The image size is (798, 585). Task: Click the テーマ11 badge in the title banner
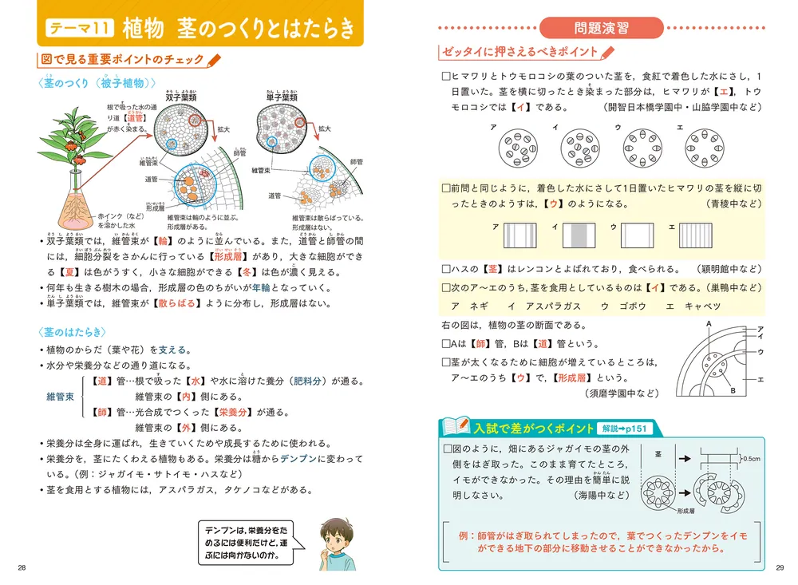pyautogui.click(x=79, y=28)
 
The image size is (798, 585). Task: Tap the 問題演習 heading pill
pyautogui.click(x=601, y=27)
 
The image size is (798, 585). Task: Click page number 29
pyautogui.click(x=780, y=567)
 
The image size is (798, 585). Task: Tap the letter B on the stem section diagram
pyautogui.click(x=732, y=390)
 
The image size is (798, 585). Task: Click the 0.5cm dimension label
pyautogui.click(x=751, y=459)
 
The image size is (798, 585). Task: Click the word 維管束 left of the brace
pyautogui.click(x=60, y=397)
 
